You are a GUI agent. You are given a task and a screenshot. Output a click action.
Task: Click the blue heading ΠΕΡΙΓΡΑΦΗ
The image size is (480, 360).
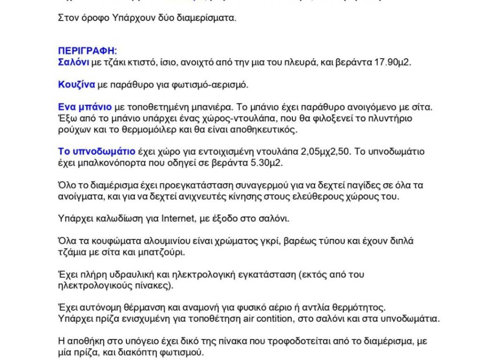(x=87, y=51)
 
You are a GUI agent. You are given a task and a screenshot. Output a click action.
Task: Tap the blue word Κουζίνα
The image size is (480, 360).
(x=76, y=85)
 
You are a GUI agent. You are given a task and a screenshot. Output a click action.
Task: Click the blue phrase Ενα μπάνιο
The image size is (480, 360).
(x=85, y=107)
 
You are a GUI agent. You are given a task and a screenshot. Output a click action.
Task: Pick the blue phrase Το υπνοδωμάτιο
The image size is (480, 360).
(x=97, y=151)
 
